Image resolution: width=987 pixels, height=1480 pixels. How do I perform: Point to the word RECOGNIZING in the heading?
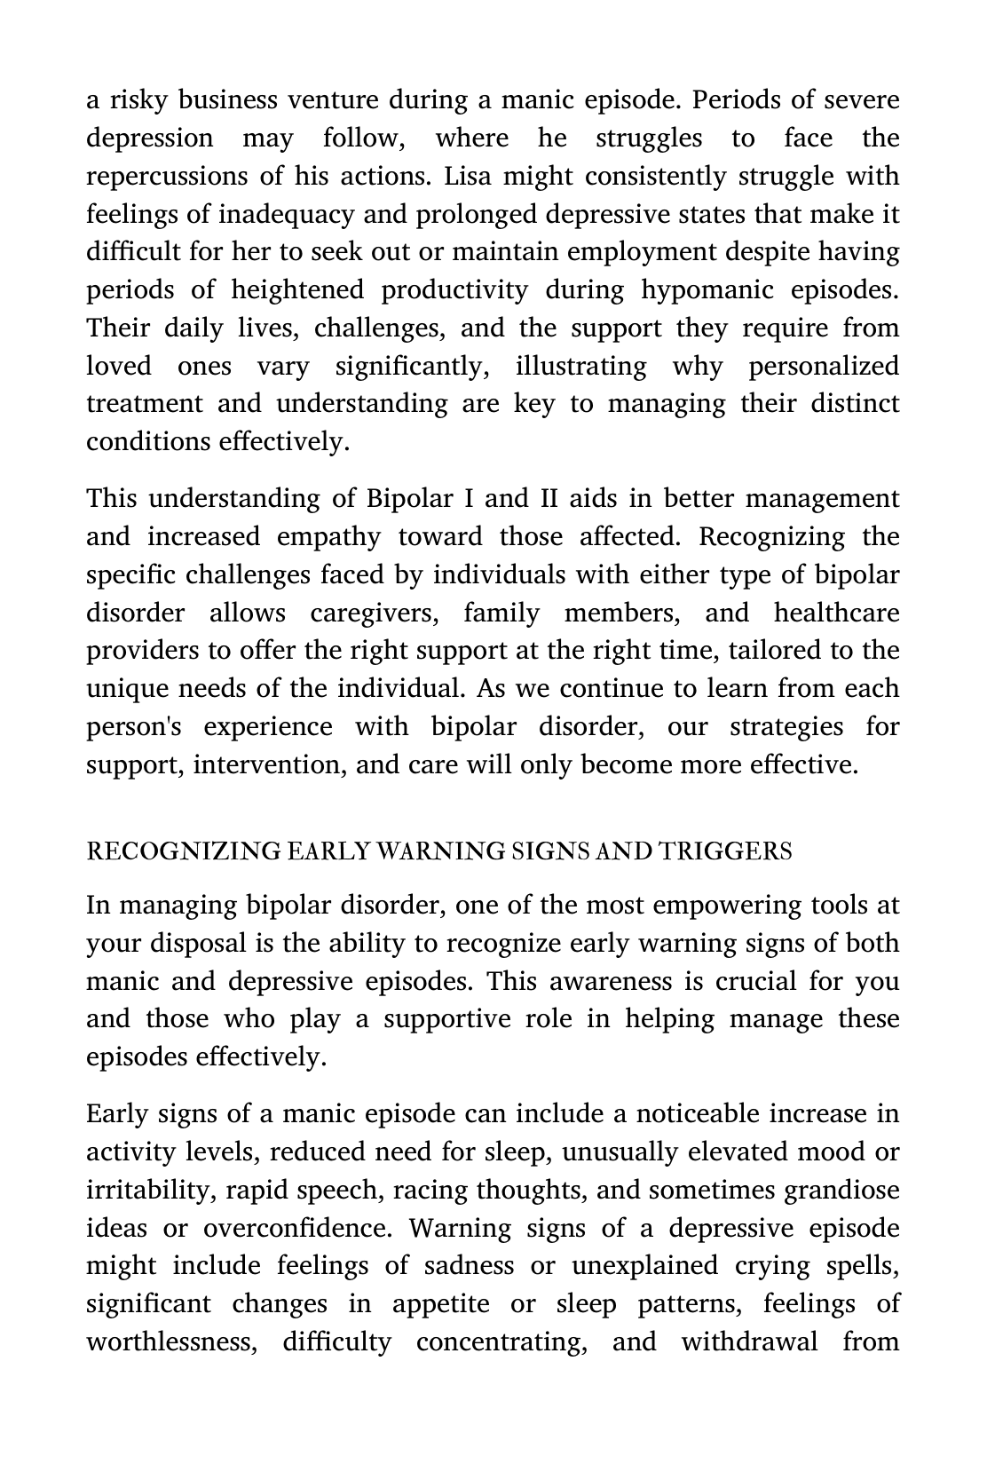click(x=183, y=851)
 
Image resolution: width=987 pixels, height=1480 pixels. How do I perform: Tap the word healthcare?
click(x=836, y=613)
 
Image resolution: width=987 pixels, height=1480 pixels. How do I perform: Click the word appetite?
click(x=440, y=1304)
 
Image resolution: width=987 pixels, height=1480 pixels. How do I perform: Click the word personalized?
click(x=823, y=367)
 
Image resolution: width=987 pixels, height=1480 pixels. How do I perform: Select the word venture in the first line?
click(x=333, y=100)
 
